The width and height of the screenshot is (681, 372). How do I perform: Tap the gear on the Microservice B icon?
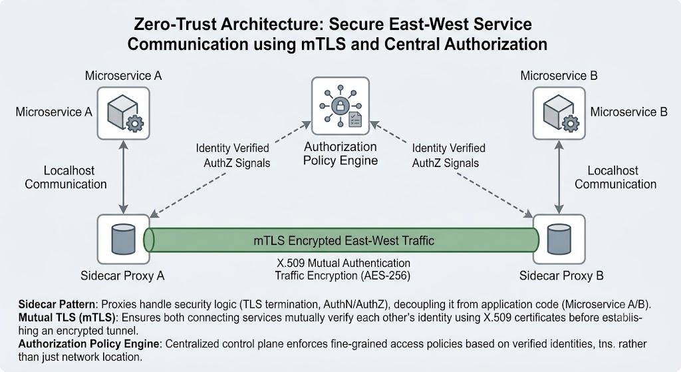pos(570,123)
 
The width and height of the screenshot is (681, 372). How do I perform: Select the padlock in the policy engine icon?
pos(340,106)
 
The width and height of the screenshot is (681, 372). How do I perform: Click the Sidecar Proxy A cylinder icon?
pos(123,239)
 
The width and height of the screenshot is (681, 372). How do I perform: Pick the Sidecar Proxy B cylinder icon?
pos(559,239)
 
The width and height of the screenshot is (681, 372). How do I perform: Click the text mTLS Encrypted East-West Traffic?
pos(344,241)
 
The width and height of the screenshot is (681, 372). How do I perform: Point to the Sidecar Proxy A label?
pos(122,276)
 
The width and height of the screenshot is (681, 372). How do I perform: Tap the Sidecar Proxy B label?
pos(561,276)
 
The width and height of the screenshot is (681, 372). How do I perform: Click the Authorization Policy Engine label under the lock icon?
pos(340,154)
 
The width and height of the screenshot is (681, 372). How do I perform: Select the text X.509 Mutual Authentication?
pos(344,263)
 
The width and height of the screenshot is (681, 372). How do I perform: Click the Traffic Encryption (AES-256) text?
pos(342,276)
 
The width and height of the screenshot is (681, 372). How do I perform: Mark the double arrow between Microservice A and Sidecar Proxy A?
pos(124,177)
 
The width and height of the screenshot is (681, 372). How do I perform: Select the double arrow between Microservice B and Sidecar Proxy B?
pos(559,177)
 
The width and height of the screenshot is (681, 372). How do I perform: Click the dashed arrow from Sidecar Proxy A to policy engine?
pos(230,170)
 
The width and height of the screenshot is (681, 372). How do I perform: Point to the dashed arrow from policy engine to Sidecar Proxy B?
pos(452,170)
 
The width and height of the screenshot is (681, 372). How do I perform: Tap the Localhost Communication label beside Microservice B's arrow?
pos(615,177)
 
